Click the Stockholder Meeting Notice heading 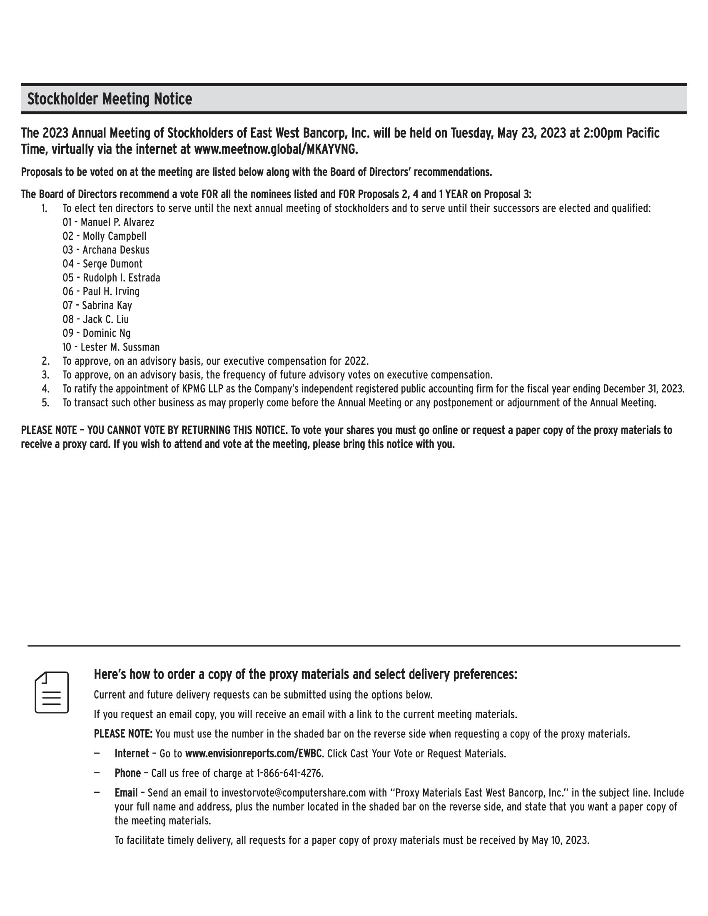(110, 100)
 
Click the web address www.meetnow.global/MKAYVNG (276, 149)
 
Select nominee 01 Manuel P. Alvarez (108, 222)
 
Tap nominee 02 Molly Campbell (105, 236)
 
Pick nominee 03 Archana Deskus (106, 250)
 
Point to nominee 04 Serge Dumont (102, 264)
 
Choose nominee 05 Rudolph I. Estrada (111, 278)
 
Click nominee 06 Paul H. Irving (101, 291)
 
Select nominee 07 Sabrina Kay (97, 305)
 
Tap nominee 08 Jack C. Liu (96, 319)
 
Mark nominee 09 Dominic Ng (97, 333)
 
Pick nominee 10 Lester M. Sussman (111, 347)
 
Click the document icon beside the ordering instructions (52, 692)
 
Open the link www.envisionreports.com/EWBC (253, 754)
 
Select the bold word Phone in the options (127, 774)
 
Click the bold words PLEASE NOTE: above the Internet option (123, 734)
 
